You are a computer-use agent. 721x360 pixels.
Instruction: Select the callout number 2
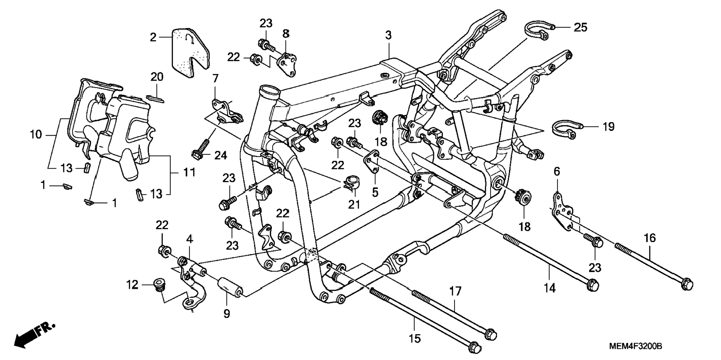click(x=153, y=37)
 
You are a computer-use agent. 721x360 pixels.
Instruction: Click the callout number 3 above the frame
click(x=388, y=35)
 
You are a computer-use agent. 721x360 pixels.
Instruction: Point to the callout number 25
click(x=580, y=27)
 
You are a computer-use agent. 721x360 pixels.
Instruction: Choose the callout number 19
click(x=608, y=127)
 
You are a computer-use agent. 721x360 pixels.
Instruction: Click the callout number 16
click(x=650, y=238)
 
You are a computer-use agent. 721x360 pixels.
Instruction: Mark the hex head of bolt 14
click(x=592, y=285)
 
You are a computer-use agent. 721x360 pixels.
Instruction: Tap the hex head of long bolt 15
click(x=474, y=347)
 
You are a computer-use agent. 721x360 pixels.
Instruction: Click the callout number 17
click(x=455, y=291)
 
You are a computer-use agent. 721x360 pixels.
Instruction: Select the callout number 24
click(x=221, y=155)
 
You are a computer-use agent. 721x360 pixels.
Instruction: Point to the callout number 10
click(x=36, y=134)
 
